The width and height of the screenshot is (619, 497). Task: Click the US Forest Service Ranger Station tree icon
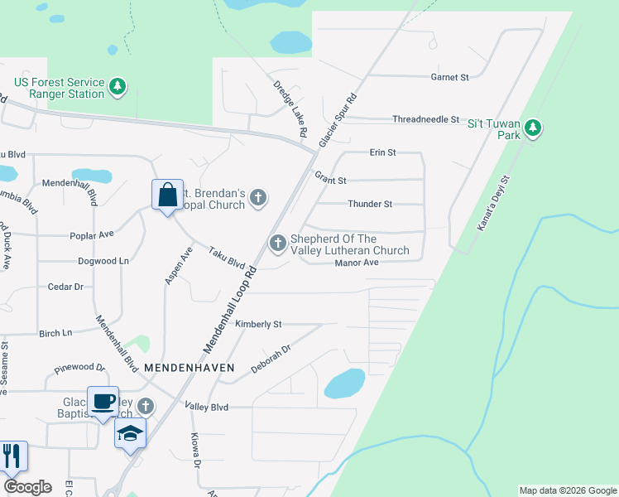coord(118,86)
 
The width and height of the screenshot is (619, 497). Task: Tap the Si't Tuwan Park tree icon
coord(534,128)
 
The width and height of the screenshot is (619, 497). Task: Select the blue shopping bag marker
coord(167,195)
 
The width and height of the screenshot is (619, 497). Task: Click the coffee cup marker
coord(103,403)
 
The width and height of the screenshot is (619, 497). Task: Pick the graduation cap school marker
coord(131,434)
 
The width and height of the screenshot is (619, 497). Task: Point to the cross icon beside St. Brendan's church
coord(258,197)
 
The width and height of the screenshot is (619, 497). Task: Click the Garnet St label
coord(449,77)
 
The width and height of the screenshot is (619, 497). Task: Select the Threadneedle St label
coord(425,119)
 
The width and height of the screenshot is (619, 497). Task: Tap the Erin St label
coord(383,153)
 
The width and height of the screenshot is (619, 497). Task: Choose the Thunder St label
coord(370,204)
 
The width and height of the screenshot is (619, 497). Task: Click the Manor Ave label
coord(356,263)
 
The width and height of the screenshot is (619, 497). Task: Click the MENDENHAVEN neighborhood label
coord(189,366)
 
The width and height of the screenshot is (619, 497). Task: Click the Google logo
coord(27,487)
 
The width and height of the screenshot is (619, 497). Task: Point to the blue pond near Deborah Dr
coord(345,384)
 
